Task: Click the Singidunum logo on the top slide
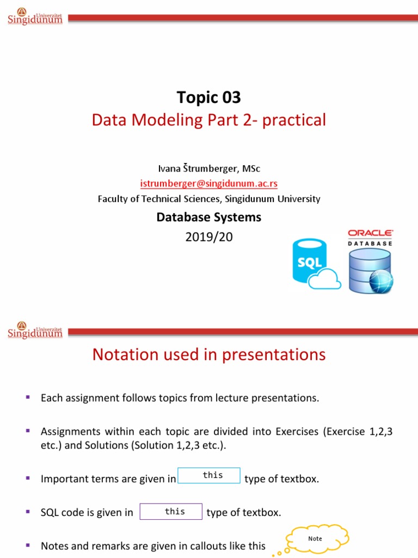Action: (35, 17)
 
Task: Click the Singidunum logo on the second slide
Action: (35, 330)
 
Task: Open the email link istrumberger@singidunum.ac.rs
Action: (208, 184)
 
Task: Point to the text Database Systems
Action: (208, 217)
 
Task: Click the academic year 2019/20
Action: (208, 237)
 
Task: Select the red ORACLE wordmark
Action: (370, 233)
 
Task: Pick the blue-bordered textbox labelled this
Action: (209, 475)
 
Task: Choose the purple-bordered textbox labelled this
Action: (171, 512)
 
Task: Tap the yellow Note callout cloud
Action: (315, 538)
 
